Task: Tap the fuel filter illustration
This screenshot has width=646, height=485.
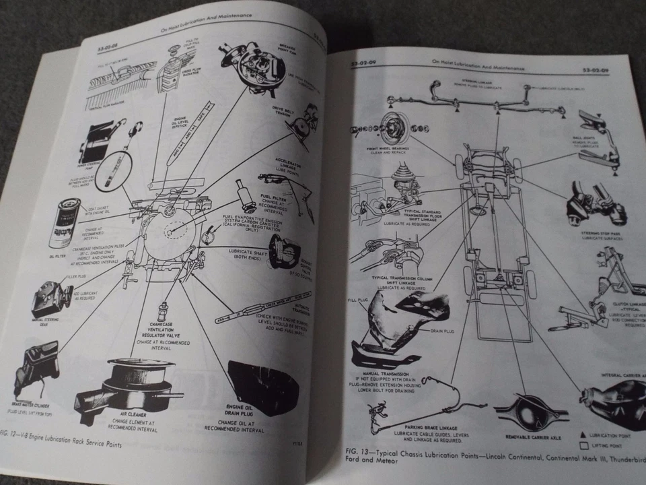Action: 243,195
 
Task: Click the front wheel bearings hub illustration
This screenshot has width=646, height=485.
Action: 390,129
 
